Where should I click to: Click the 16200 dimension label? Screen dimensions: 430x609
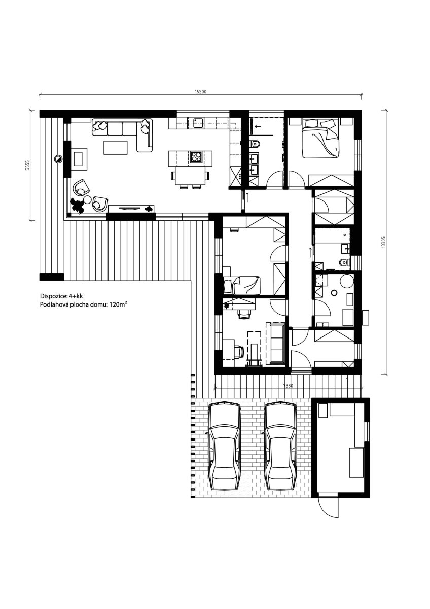point(201,92)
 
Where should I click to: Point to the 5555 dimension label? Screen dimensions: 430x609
point(27,165)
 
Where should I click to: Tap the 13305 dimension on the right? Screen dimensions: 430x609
point(383,242)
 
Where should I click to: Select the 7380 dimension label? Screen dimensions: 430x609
point(288,386)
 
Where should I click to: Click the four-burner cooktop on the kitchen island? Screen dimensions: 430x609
point(196,157)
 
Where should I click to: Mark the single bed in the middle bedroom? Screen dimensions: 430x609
point(241,285)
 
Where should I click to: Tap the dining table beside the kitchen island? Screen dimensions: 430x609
point(191,176)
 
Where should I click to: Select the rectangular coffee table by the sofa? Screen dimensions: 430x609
point(116,147)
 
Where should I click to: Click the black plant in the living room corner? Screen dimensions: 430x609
point(77,205)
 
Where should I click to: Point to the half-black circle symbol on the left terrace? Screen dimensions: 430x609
point(58,159)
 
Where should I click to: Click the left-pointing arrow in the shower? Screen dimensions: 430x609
point(258,126)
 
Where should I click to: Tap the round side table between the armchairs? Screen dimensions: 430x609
point(87,199)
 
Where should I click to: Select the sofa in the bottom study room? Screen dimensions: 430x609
point(275,343)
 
